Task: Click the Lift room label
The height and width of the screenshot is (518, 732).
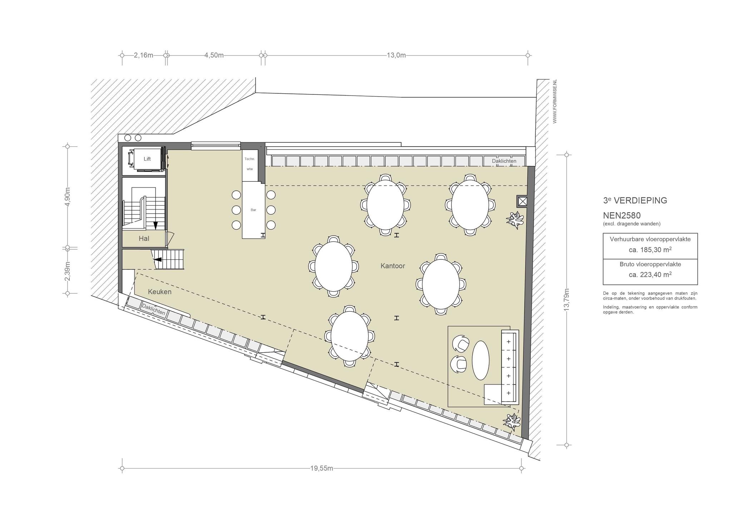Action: (x=147, y=159)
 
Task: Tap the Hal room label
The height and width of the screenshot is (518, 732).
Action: (x=144, y=239)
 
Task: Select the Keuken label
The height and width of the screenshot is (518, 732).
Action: (x=160, y=292)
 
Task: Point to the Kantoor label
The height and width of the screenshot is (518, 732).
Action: (x=393, y=266)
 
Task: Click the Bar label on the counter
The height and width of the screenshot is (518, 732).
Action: (x=253, y=210)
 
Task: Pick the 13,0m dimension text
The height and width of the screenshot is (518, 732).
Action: (x=396, y=55)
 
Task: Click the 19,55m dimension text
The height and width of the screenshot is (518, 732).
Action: (x=322, y=468)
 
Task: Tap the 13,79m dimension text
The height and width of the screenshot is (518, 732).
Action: (x=566, y=300)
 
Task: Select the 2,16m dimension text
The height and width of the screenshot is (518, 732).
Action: (x=143, y=55)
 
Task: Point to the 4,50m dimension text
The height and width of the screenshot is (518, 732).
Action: (x=214, y=55)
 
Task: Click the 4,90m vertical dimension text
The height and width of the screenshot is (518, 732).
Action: (x=68, y=197)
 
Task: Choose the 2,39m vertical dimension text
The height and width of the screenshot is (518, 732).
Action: (x=68, y=271)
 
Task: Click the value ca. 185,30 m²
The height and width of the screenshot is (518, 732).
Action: (x=650, y=250)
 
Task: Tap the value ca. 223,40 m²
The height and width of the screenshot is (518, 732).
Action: (x=650, y=275)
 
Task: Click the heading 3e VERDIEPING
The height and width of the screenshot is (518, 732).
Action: (x=635, y=200)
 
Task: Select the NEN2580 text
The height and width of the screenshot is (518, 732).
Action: (x=622, y=216)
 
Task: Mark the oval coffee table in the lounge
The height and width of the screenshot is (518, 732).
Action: (x=481, y=360)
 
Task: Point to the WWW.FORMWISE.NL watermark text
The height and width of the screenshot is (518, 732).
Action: (x=555, y=101)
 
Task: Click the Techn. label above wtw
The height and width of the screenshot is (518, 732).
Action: (x=249, y=159)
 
